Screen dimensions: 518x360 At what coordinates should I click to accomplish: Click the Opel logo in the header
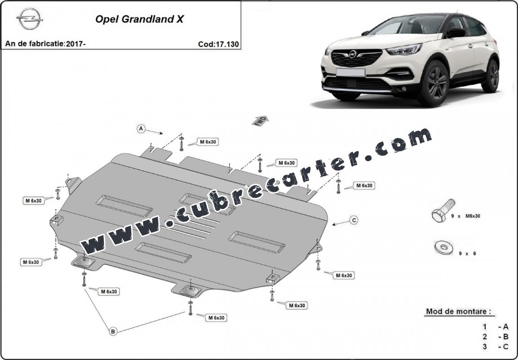point(29,19)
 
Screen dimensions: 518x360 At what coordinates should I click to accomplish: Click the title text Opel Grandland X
point(139,19)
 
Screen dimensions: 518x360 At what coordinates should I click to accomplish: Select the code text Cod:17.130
point(219,44)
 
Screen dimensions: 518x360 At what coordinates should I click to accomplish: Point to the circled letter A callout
point(141,129)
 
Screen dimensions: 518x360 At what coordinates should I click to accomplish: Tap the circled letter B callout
point(113,331)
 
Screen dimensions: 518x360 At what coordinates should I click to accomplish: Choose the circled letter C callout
point(354,220)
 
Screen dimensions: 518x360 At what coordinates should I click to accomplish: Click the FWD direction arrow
point(260,121)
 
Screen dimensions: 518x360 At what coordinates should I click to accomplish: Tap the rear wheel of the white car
point(491,76)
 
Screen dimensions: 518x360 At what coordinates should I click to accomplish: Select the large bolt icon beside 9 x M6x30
point(443,211)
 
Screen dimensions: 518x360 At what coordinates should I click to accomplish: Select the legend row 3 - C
point(496,347)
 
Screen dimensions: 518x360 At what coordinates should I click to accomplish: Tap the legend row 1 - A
point(496,327)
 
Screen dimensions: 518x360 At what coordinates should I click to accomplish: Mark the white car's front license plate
point(351,72)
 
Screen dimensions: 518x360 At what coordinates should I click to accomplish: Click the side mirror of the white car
point(456,32)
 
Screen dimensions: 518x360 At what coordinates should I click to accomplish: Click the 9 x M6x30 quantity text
point(466,216)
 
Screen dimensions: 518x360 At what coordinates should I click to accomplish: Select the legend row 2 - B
point(496,337)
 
